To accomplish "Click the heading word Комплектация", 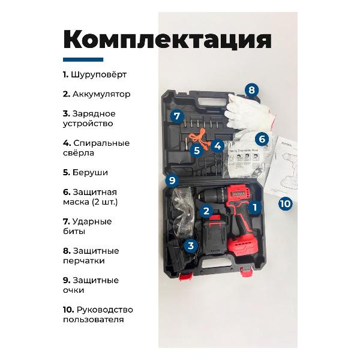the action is click(167, 40).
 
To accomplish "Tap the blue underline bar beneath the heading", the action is click(83, 59).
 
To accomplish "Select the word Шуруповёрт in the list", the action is click(99, 74).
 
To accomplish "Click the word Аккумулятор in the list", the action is click(101, 94).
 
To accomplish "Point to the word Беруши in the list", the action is click(90, 172).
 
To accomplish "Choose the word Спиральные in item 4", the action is click(101, 143).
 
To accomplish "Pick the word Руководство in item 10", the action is click(104, 310).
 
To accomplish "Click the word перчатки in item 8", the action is click(84, 261).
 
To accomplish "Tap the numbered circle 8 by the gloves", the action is click(251, 90).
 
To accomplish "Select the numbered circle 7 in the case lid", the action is click(177, 116).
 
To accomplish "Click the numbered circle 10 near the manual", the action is click(286, 203).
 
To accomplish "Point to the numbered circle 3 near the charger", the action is click(191, 246).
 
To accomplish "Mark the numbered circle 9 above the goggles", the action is click(172, 180).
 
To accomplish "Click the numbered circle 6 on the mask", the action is click(262, 139).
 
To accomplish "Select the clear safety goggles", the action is click(183, 213).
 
